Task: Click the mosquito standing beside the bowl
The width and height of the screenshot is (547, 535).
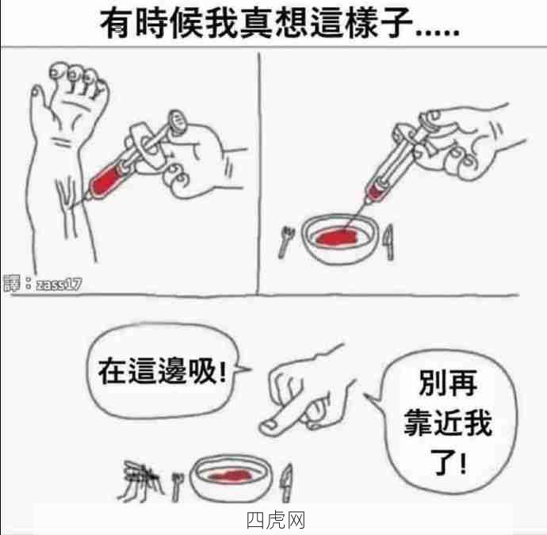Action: (141, 480)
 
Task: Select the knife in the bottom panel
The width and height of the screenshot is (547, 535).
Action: (287, 483)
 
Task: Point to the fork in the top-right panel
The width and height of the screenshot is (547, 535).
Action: (286, 242)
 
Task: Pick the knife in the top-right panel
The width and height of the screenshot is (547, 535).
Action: (390, 243)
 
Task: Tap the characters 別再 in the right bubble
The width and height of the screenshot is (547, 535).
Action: (448, 383)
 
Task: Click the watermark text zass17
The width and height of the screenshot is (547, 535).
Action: (59, 285)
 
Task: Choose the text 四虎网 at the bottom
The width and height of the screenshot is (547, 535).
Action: (276, 521)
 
